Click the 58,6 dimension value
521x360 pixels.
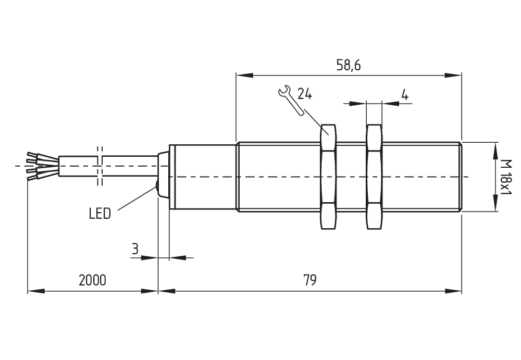[x=349, y=66]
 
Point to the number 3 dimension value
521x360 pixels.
[x=134, y=249]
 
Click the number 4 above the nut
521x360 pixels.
[x=404, y=95]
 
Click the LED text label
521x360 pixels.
[x=100, y=214]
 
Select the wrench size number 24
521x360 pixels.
[x=305, y=94]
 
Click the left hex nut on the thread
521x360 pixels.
[x=327, y=177]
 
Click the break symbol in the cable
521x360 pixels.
[x=100, y=166]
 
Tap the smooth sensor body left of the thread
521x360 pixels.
[x=203, y=177]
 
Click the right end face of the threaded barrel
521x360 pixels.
[x=461, y=177]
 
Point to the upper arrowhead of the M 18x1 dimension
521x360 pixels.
[x=494, y=147]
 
